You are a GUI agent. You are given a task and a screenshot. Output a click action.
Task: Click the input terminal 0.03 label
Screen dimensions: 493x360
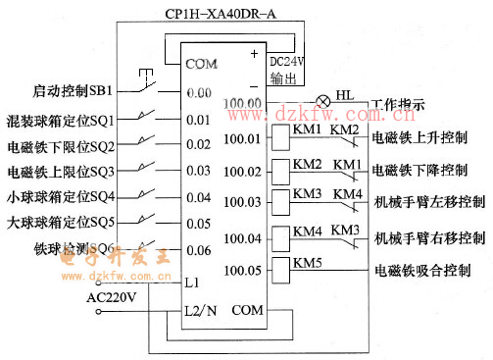click(x=199, y=171)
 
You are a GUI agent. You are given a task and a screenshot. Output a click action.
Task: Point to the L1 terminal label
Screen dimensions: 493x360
click(x=192, y=282)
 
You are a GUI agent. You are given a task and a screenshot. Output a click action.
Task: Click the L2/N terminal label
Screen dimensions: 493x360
click(x=200, y=309)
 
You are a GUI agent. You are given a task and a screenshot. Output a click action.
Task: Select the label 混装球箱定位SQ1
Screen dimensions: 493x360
click(x=61, y=120)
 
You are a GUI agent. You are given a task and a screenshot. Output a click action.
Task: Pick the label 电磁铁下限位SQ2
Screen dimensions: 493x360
click(x=61, y=146)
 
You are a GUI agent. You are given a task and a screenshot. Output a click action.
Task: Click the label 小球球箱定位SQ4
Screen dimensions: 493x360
click(x=61, y=197)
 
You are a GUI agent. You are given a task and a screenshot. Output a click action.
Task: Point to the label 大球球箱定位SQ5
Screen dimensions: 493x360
click(x=61, y=223)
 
